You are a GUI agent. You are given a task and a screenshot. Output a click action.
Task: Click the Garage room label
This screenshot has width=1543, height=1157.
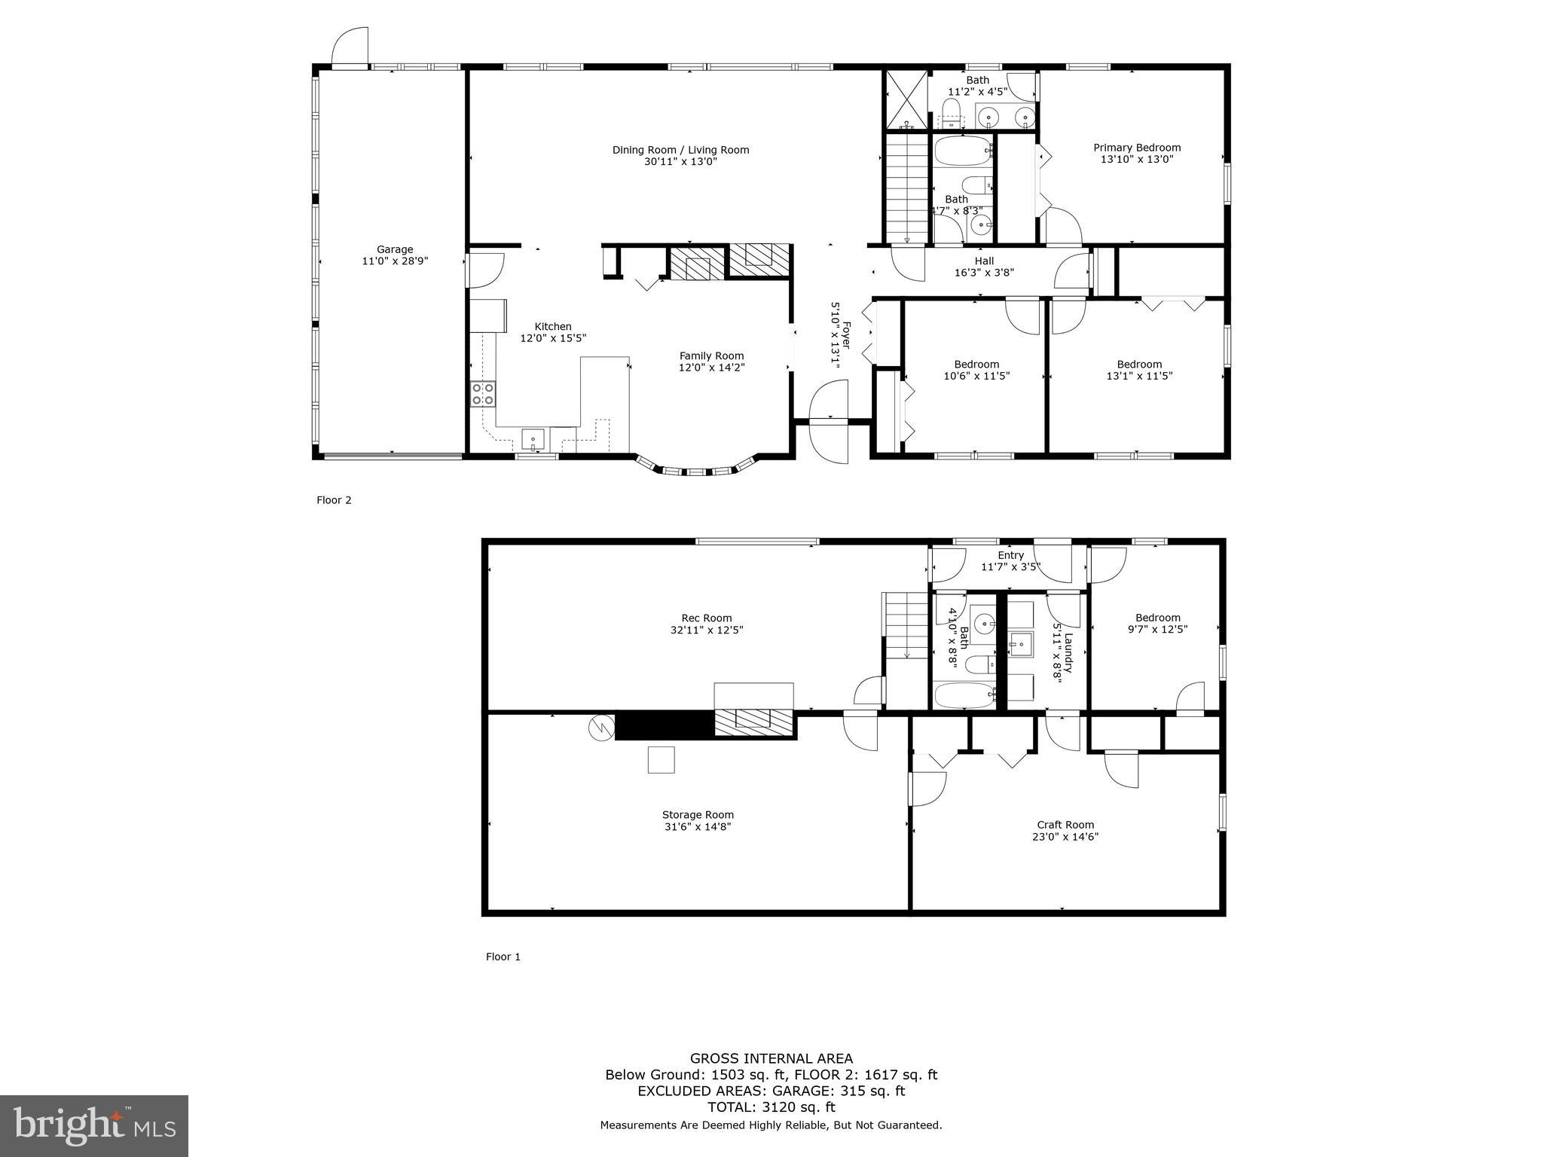tap(395, 249)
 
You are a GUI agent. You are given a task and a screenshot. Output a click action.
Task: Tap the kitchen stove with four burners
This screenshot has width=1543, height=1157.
tap(483, 394)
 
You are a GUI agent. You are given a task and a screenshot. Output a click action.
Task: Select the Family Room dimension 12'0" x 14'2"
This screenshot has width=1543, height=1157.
tap(711, 368)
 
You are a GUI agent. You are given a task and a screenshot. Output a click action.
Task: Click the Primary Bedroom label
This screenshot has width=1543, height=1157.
tap(1137, 148)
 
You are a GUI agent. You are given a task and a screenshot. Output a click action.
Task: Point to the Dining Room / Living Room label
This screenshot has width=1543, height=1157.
tap(680, 150)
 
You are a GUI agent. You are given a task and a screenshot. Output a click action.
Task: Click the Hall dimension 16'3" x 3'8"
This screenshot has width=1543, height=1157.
tap(984, 273)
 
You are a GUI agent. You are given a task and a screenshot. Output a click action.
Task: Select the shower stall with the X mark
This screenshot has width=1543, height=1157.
tap(906, 100)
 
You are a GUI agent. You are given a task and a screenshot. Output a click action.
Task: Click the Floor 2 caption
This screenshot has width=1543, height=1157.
tap(334, 500)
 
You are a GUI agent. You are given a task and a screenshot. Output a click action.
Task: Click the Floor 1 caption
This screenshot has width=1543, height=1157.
tap(503, 957)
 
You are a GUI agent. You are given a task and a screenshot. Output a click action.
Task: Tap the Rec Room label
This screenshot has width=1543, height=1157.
tap(707, 618)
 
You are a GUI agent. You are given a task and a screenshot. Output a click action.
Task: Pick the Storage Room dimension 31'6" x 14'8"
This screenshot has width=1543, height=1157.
tap(698, 826)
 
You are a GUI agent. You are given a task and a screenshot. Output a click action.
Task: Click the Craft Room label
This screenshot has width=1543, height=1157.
tap(1065, 825)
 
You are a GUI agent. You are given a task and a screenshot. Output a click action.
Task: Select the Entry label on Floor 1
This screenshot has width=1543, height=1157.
tap(1010, 555)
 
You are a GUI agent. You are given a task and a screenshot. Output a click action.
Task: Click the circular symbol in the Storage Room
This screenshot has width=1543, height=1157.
tap(601, 728)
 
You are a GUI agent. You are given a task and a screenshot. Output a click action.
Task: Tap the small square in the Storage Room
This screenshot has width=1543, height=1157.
tap(661, 759)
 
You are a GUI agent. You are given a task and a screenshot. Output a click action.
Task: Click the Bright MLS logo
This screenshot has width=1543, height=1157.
tap(94, 1125)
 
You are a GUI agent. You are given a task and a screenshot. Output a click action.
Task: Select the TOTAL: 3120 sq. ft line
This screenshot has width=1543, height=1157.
tap(771, 1107)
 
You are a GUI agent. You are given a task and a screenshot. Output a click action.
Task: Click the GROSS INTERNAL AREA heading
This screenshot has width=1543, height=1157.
tap(771, 1058)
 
